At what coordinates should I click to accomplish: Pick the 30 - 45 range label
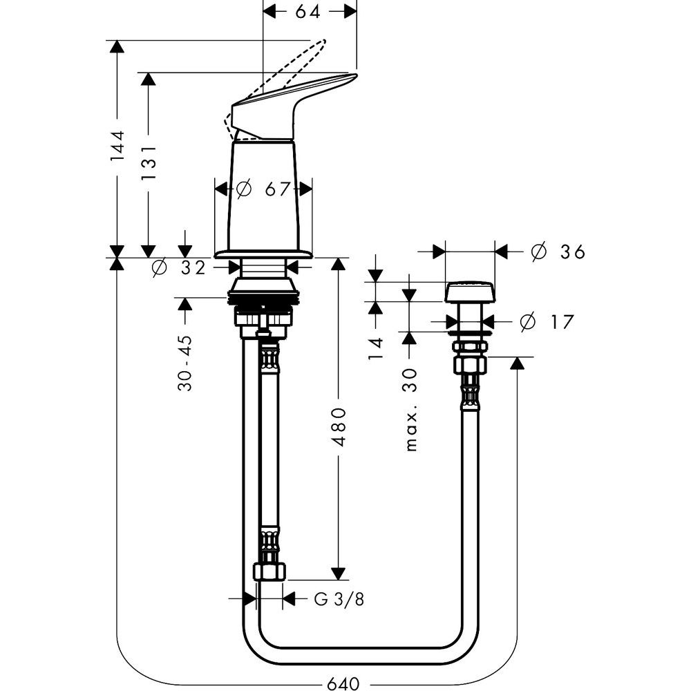pyautogui.click(x=184, y=364)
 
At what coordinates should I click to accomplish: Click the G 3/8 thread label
pyautogui.click(x=339, y=599)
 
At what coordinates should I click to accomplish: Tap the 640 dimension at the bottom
pyautogui.click(x=343, y=683)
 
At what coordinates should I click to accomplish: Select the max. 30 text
pyautogui.click(x=413, y=409)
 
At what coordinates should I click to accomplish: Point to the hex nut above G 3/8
pyautogui.click(x=269, y=571)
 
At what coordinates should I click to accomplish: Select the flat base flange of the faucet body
pyautogui.click(x=263, y=253)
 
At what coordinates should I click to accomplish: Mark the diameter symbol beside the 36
pyautogui.click(x=539, y=252)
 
